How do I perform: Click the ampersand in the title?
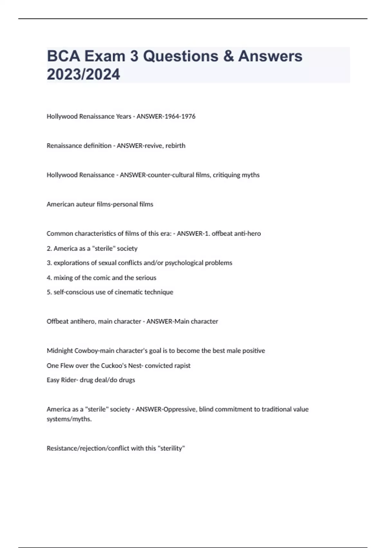pyautogui.click(x=228, y=56)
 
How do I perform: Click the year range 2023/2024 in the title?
pyautogui.click(x=83, y=74)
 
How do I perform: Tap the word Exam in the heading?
pyautogui.click(x=105, y=56)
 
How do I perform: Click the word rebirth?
pyautogui.click(x=175, y=146)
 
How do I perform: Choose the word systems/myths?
pyautogui.click(x=69, y=419)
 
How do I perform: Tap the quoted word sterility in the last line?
pyautogui.click(x=171, y=448)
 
